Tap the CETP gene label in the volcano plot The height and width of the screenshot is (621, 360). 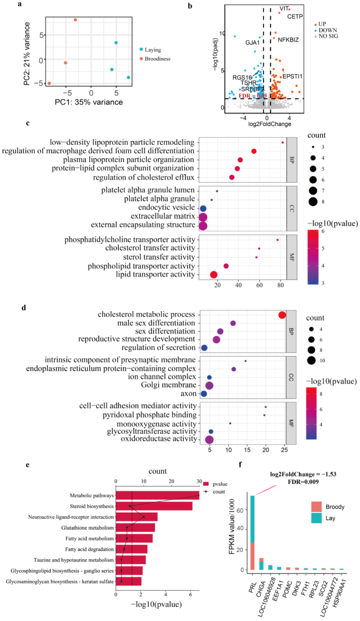point(295,17)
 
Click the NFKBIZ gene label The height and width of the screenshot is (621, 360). point(288,40)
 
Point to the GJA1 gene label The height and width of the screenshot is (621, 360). point(253,43)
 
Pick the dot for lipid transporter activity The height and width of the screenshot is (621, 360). point(214,275)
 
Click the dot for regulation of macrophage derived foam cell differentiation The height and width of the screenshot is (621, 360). point(254,151)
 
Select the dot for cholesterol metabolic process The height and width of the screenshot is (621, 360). point(282,315)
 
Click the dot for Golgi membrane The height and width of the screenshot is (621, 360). point(209,385)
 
